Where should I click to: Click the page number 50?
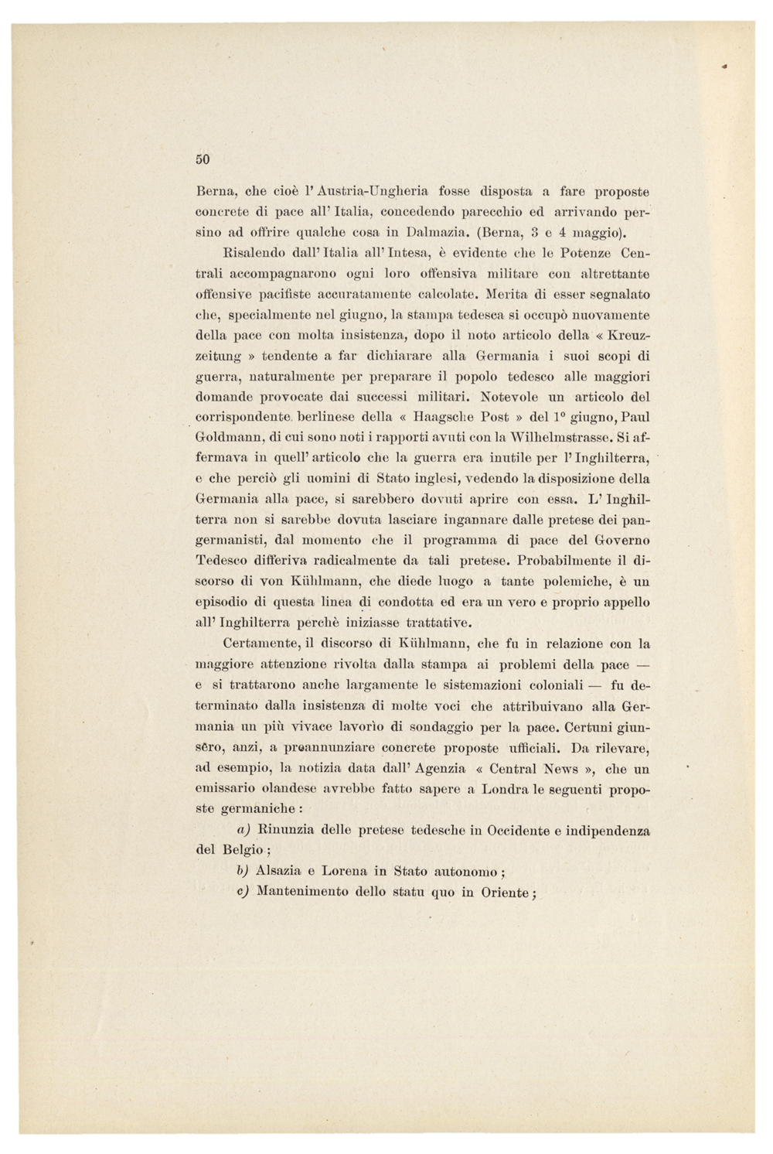202,159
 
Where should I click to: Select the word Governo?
622,539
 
